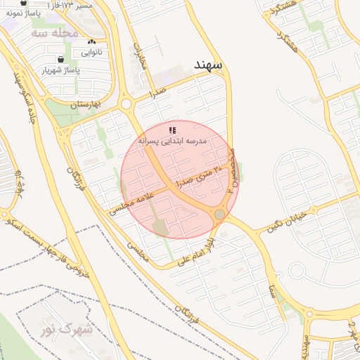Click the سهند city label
point(209,65)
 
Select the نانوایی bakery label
point(91,52)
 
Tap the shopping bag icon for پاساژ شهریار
point(62,59)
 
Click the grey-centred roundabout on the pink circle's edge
point(220,214)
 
